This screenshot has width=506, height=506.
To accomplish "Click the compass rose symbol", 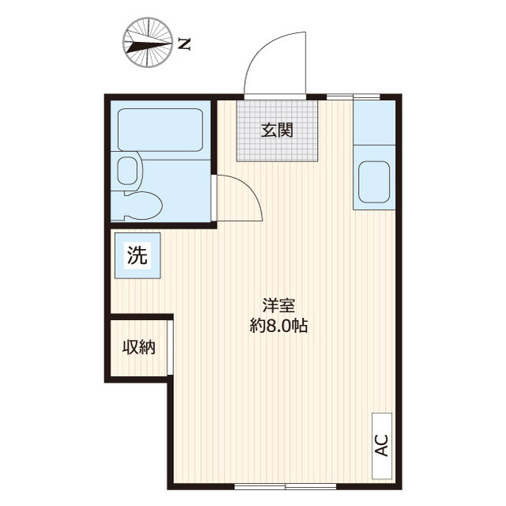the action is [x=147, y=43].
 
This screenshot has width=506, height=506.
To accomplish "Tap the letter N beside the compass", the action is [x=184, y=44].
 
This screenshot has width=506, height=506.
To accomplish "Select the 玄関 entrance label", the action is [x=278, y=130].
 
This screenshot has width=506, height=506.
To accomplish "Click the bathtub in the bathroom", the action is [x=160, y=130].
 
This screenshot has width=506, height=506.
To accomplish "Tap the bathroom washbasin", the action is [x=129, y=171].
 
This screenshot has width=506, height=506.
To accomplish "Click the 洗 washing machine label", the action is [x=138, y=255].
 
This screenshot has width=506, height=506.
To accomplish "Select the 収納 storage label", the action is [x=139, y=347].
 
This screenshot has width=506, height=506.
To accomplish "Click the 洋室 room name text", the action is [x=279, y=305].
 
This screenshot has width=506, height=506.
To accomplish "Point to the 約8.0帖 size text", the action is [x=279, y=326].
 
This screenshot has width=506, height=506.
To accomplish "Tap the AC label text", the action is [x=382, y=445].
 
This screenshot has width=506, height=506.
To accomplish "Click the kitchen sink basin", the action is [x=374, y=182].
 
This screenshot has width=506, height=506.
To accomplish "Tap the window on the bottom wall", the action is [x=285, y=485].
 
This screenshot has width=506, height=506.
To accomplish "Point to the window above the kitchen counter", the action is [x=353, y=96].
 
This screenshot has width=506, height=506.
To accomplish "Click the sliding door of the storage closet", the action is [x=170, y=347].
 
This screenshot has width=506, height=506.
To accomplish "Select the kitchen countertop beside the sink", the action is [x=374, y=123].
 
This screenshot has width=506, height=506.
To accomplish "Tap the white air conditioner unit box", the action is [x=382, y=446].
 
